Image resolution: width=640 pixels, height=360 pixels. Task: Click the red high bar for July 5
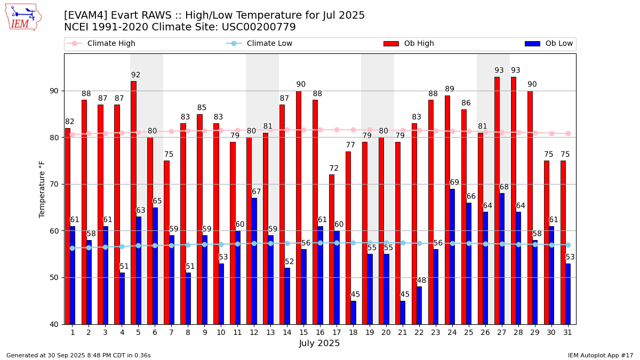[x=133, y=203]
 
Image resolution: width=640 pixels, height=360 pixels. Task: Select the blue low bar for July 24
[x=452, y=257]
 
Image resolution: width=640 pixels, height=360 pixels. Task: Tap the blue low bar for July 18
[x=353, y=313]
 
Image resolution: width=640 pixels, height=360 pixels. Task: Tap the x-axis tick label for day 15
[x=303, y=332]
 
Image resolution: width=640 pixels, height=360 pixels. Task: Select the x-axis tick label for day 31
[x=567, y=332]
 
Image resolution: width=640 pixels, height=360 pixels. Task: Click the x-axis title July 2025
[x=319, y=343]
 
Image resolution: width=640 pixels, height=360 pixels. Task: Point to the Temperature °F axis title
[x=43, y=189]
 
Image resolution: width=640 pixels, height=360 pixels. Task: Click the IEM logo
[x=23, y=17]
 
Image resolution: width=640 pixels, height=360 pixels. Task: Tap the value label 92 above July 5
[x=136, y=75]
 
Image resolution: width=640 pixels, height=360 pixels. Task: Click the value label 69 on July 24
[x=454, y=182]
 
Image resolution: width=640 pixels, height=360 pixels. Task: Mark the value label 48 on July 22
[x=421, y=281]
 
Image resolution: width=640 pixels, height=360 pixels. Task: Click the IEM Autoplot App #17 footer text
[x=601, y=355]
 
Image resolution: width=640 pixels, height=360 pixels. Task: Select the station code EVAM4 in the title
[x=84, y=15]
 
